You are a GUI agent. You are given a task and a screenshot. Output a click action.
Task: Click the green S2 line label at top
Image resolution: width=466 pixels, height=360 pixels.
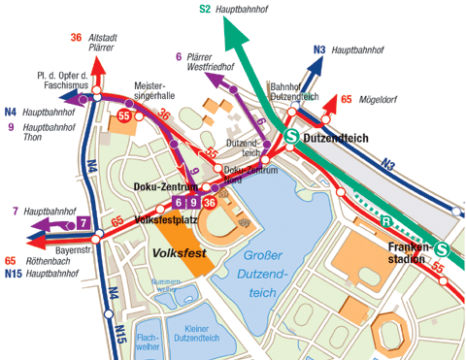click(205, 9)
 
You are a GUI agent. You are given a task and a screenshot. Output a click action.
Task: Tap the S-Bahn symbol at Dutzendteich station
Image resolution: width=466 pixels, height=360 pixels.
click(290, 138)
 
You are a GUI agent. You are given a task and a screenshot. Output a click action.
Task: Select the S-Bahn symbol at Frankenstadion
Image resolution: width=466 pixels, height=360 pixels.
click(443, 248)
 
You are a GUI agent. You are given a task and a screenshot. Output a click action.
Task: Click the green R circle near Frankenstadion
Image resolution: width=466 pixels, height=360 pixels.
click(385, 220)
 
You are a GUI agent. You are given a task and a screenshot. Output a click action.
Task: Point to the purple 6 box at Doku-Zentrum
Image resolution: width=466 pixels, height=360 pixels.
click(179, 202)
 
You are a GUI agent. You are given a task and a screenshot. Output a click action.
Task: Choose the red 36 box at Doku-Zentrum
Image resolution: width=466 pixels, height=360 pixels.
click(209, 202)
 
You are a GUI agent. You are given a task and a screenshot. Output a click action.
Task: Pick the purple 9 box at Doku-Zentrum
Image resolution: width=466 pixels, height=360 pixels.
click(193, 202)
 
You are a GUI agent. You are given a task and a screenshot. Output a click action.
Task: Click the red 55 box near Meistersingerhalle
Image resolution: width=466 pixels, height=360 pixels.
click(123, 116)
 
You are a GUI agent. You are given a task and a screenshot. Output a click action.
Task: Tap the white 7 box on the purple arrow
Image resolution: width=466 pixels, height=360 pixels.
click(84, 224)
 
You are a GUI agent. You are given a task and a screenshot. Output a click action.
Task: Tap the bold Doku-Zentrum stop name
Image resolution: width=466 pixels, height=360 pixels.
click(159, 186)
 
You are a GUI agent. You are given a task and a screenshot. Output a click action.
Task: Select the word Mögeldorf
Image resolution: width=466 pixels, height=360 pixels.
click(376, 99)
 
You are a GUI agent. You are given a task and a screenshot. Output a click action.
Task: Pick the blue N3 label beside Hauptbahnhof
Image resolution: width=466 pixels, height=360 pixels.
click(319, 49)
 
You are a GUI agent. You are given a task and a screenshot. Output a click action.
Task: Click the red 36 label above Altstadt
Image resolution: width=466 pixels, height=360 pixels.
click(76, 37)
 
